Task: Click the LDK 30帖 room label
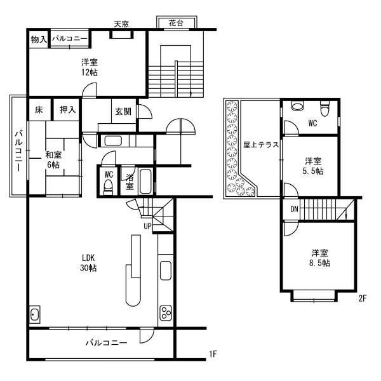[x=88, y=264]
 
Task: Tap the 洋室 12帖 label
[x=89, y=67]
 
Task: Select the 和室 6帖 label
[x=52, y=159]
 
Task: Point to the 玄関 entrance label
[x=123, y=111]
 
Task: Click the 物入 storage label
[x=38, y=39]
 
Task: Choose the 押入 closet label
[x=67, y=110]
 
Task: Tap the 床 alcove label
[x=39, y=110]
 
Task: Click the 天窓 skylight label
[x=121, y=24]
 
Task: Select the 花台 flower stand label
[x=177, y=23]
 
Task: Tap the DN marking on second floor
[x=295, y=209]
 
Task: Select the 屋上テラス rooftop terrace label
[x=261, y=144]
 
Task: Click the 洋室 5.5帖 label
[x=312, y=166]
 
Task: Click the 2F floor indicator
[x=361, y=298]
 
